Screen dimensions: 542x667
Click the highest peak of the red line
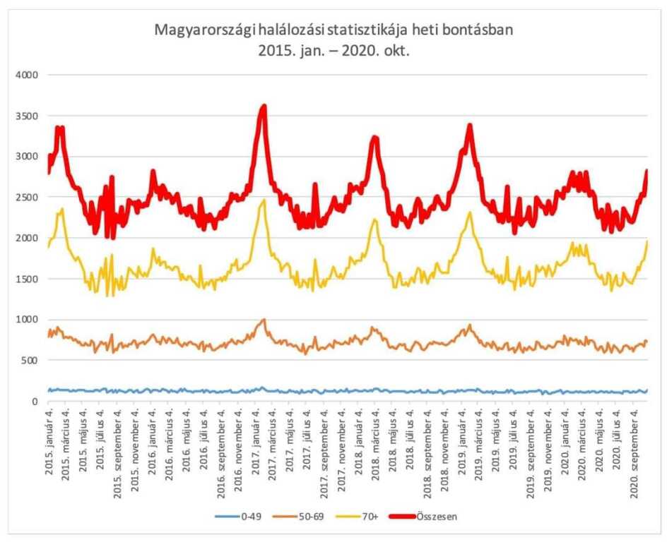pos(264,107)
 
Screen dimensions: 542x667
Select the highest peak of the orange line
pos(264,319)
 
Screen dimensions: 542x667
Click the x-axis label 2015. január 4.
pos(49,441)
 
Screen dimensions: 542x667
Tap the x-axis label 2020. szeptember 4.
pos(634,449)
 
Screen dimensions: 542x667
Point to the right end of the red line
pos(646,170)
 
